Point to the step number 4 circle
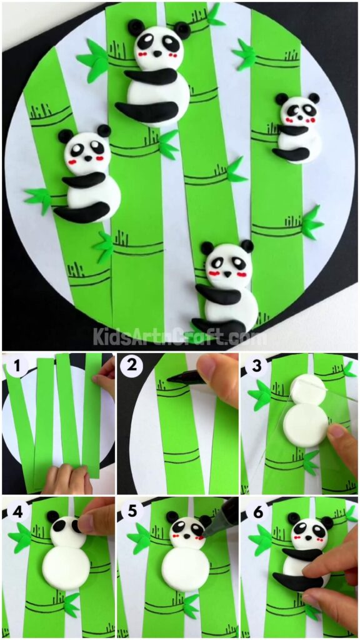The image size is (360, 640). [x=14, y=510]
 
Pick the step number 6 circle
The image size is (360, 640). [x=253, y=510]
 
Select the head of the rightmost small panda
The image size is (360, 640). [x=298, y=111]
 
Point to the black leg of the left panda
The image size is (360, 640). [x=81, y=213]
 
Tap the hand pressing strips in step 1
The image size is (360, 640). [x=66, y=479]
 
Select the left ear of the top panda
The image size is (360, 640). [x=136, y=26]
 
